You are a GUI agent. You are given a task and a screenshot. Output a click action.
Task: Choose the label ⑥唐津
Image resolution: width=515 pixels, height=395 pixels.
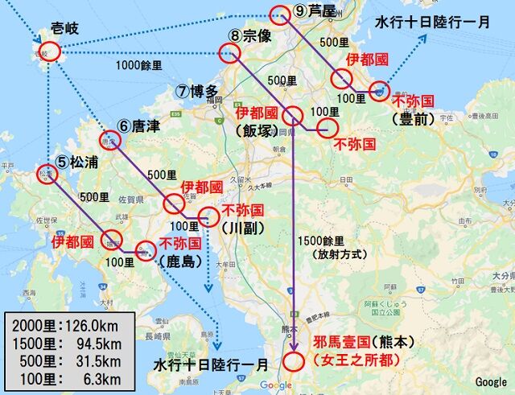click(x=138, y=126)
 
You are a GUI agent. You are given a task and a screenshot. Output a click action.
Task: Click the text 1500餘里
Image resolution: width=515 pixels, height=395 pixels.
click(x=319, y=240)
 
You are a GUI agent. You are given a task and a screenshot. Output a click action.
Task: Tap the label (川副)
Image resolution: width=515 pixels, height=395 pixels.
click(x=241, y=228)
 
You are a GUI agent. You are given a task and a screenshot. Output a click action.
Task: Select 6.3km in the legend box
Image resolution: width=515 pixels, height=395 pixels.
click(x=97, y=378)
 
